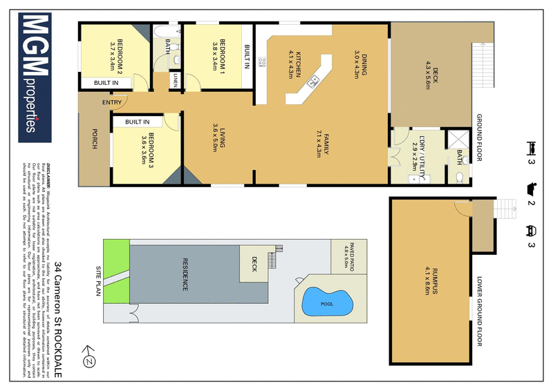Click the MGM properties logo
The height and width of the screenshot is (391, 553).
[x=41, y=76]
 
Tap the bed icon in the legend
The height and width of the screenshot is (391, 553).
[x=532, y=147]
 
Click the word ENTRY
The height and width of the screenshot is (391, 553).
[x=112, y=103]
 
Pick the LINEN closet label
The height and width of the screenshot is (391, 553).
[x=177, y=80]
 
